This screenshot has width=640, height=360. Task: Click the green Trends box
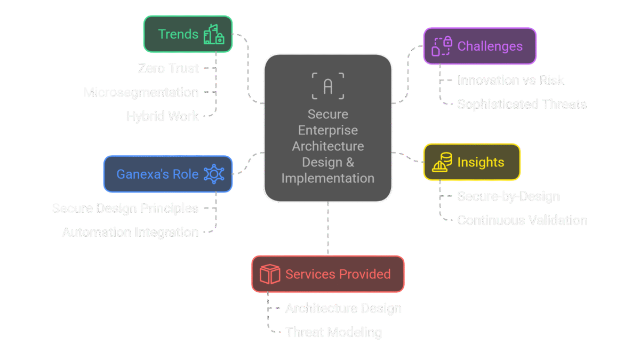(188, 34)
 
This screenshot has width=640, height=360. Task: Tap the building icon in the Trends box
(214, 34)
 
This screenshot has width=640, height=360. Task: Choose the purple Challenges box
(479, 46)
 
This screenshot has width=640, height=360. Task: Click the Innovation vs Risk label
(510, 81)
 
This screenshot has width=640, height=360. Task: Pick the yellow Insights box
(471, 163)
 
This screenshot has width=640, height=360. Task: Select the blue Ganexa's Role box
(167, 174)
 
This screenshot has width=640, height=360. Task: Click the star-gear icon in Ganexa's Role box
(214, 174)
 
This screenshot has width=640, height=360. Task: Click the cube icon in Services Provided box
(270, 274)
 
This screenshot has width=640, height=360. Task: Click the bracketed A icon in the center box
(328, 85)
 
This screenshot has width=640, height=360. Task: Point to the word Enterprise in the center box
(328, 130)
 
